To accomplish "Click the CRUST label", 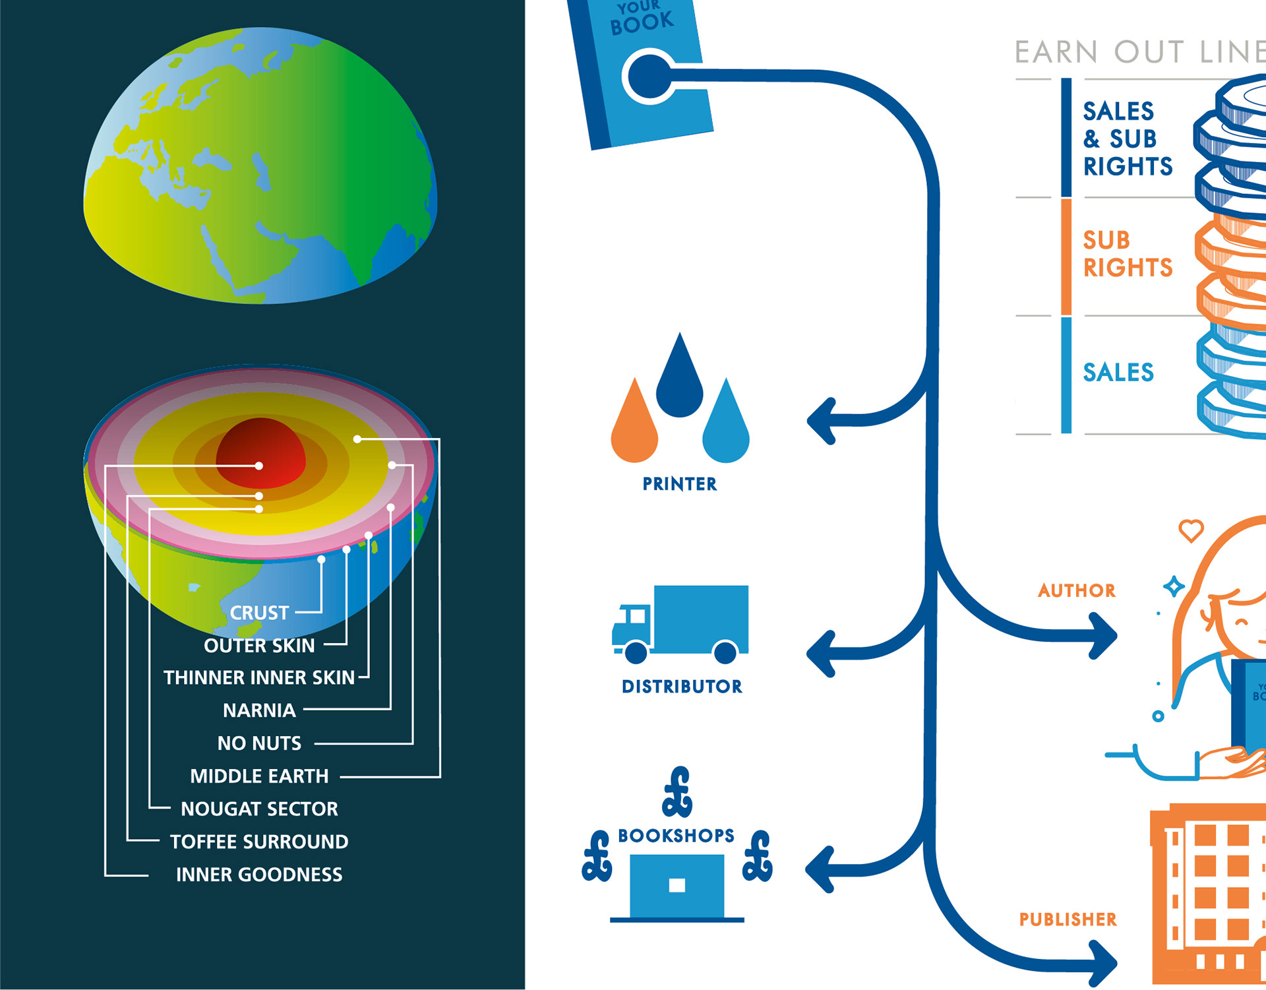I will tap(259, 613).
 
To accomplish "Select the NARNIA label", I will tap(259, 710).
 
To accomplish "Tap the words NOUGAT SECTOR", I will tap(259, 809).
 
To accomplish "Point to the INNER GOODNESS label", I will tap(259, 875).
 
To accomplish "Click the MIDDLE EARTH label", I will tap(259, 776).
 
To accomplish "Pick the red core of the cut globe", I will tap(261, 452).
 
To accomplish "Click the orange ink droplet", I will tap(634, 425).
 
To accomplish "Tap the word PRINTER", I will tap(680, 484).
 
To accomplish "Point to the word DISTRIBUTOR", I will tap(682, 687).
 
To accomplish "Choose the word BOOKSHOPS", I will tap(676, 836).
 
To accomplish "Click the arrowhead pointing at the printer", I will tap(822, 421).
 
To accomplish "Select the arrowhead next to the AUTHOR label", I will tap(1102, 636).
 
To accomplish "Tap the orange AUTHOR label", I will tap(1077, 590).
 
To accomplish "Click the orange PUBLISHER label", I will tap(1068, 919).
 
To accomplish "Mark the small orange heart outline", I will tap(1191, 530).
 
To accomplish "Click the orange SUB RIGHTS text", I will tap(1128, 254).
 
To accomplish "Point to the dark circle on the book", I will tap(650, 76).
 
